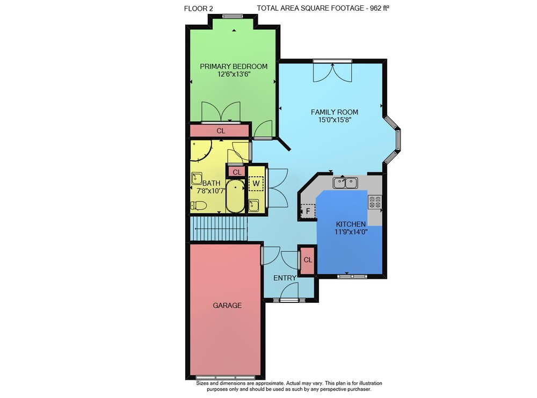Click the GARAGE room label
coord(227,305)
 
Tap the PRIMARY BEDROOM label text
coord(234,67)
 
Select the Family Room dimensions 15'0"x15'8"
coord(335,120)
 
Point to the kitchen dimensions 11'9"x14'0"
coord(351,231)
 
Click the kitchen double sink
coord(345,183)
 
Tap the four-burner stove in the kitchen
coord(375,202)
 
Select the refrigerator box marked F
coord(308,211)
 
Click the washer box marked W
coord(256,183)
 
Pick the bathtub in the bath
coord(235,196)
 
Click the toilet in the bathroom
coord(198,206)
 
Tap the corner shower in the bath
coord(201,150)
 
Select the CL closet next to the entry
coord(308,260)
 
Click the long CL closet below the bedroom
coord(221,131)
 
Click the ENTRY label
coord(285,278)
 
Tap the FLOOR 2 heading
coord(198,9)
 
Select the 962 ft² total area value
coord(380,8)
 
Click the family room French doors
coord(332,72)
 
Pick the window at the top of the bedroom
coord(233,16)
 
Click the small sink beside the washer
coord(254,206)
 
